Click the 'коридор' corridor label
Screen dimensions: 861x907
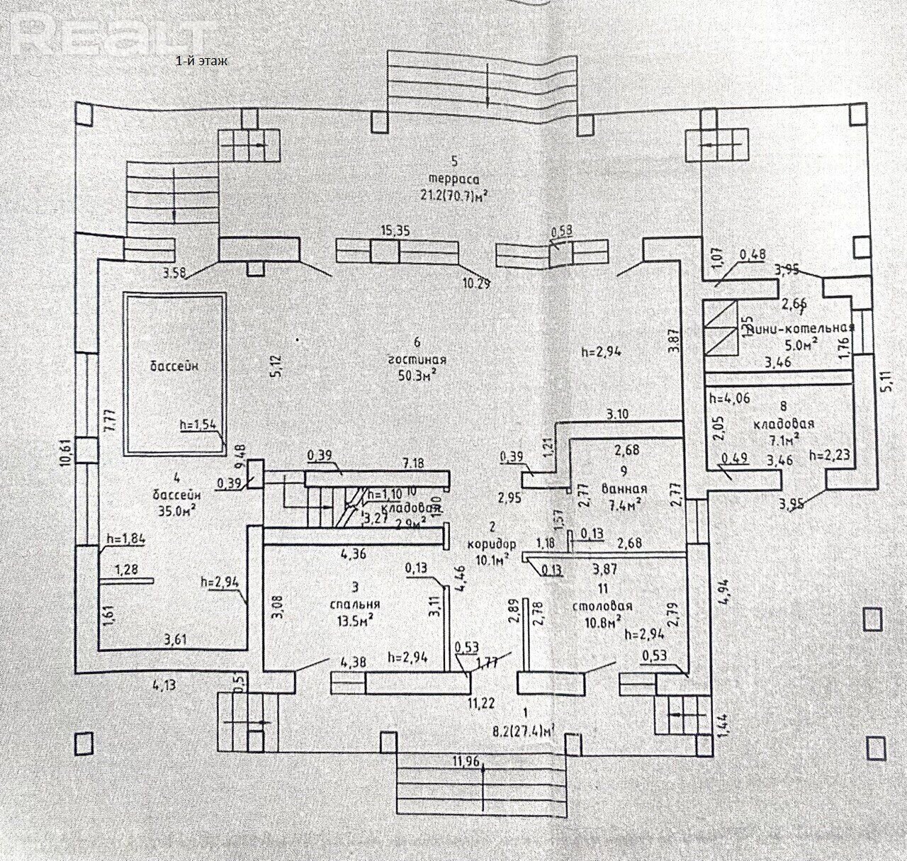click(492, 546)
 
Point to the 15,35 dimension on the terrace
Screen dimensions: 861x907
click(396, 230)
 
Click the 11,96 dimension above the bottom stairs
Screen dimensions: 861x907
click(465, 762)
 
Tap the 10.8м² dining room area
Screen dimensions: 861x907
click(602, 621)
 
